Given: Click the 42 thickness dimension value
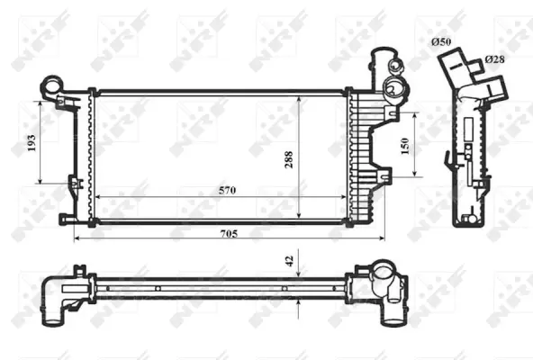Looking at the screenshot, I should point(289,260).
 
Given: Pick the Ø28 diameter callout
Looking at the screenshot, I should point(494,58).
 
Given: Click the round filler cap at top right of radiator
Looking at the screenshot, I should point(393,87).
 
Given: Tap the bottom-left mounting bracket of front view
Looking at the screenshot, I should point(68,219).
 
